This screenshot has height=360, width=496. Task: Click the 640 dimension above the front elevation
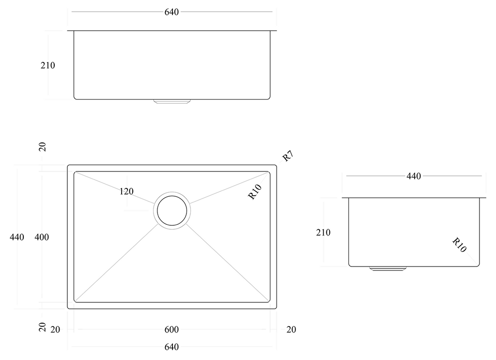[171, 12]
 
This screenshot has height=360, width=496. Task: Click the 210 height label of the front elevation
[47, 65]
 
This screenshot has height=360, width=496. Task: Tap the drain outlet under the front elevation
[172, 102]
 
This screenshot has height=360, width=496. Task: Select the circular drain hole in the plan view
[172, 210]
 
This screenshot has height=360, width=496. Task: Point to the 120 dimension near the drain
[126, 191]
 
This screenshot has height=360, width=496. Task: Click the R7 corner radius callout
[288, 157]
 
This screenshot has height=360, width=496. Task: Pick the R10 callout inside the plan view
[255, 192]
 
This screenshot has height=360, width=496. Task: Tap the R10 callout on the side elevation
[459, 245]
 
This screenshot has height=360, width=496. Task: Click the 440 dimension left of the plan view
[16, 237]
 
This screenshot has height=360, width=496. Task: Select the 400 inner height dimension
[42, 237]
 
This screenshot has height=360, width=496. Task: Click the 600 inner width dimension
[171, 330]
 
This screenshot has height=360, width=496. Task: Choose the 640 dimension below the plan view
[171, 347]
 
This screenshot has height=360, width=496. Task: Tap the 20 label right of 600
[291, 330]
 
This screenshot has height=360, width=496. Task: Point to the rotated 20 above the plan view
[43, 147]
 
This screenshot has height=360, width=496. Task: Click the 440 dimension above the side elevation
[413, 176]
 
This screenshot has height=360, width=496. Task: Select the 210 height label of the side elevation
[323, 233]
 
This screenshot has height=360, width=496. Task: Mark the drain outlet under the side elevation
[387, 268]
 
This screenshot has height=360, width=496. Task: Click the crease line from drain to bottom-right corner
[228, 264]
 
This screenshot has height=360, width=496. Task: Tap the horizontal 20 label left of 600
[55, 330]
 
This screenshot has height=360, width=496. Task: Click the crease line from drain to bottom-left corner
[116, 264]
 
